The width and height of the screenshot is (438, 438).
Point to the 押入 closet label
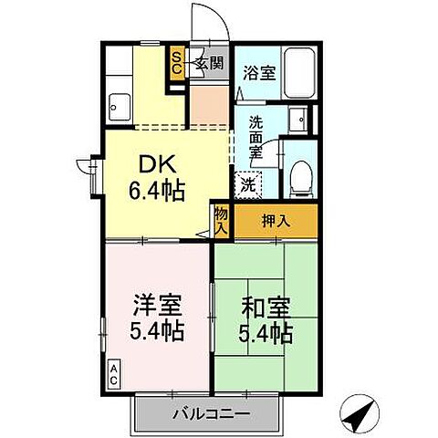pyautogui.click(x=276, y=220)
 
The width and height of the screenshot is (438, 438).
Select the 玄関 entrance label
pyautogui.click(x=209, y=63)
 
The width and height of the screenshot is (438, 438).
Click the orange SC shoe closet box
pyautogui.click(x=178, y=64)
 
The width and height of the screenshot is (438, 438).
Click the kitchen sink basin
pyautogui.click(x=118, y=107)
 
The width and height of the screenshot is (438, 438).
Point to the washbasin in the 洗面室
pyautogui.click(x=297, y=120)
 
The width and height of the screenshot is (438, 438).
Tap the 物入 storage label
pyautogui.click(x=222, y=221)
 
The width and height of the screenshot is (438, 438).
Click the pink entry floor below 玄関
pyautogui.click(x=206, y=108)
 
